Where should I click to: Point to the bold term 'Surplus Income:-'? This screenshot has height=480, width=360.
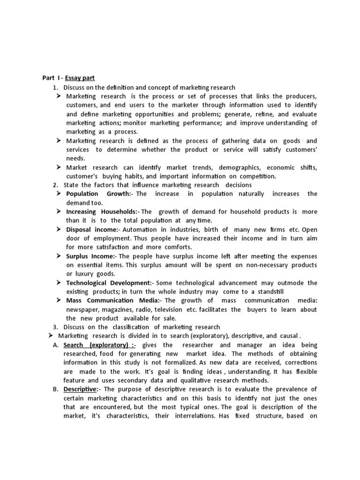(x=91, y=256)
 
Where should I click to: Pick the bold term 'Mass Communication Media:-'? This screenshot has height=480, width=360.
(x=114, y=300)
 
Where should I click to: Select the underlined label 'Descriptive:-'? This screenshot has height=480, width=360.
(x=82, y=389)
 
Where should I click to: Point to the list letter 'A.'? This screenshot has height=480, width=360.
(x=55, y=345)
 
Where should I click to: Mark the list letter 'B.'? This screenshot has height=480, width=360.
(x=55, y=389)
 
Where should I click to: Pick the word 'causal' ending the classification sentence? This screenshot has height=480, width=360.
(x=287, y=336)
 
